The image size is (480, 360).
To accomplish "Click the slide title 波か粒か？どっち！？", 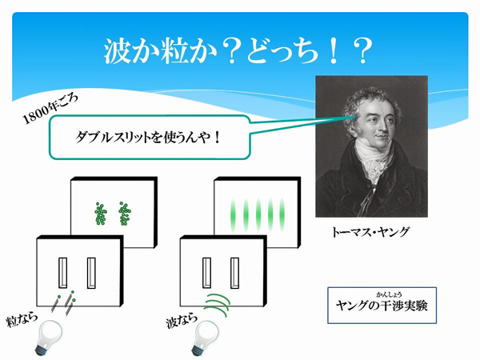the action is coord(238,51).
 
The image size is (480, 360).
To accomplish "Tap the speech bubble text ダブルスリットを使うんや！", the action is coord(148,138).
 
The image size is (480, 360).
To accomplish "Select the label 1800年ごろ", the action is coord(50,108).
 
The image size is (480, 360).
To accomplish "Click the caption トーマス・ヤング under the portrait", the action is coord(370,232).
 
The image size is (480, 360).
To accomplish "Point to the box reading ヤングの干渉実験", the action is coord(382,306).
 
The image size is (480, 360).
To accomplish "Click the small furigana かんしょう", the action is coord(389,294).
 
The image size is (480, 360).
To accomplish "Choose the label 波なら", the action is coord(182,321).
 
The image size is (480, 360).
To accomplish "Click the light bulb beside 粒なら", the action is coord(48,338).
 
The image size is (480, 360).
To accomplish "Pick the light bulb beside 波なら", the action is coord(205,338).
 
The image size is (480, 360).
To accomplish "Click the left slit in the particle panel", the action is coord(62,273).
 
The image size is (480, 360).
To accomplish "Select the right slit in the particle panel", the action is coord(91,273).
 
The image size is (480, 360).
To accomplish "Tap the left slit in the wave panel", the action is coord(206,273).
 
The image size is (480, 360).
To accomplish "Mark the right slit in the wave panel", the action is coord(234,273).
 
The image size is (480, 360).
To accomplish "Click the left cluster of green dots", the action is coord(100,214).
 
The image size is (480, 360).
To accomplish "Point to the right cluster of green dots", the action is coord(125,214).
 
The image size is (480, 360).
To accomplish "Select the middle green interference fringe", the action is coord(258,214).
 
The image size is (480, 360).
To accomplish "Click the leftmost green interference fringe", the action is coord(234,214).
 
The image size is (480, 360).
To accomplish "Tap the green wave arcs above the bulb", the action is coord(217,305).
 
